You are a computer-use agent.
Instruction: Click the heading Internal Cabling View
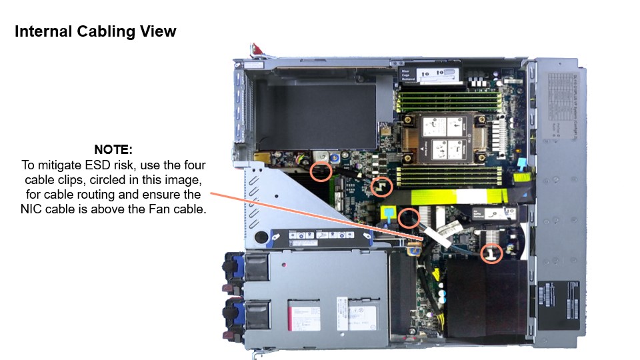(95, 31)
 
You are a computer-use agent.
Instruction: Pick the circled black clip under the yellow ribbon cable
(408, 217)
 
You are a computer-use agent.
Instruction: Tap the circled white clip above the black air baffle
(491, 253)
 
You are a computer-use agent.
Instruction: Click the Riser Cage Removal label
(408, 75)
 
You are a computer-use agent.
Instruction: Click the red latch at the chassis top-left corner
(255, 49)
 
